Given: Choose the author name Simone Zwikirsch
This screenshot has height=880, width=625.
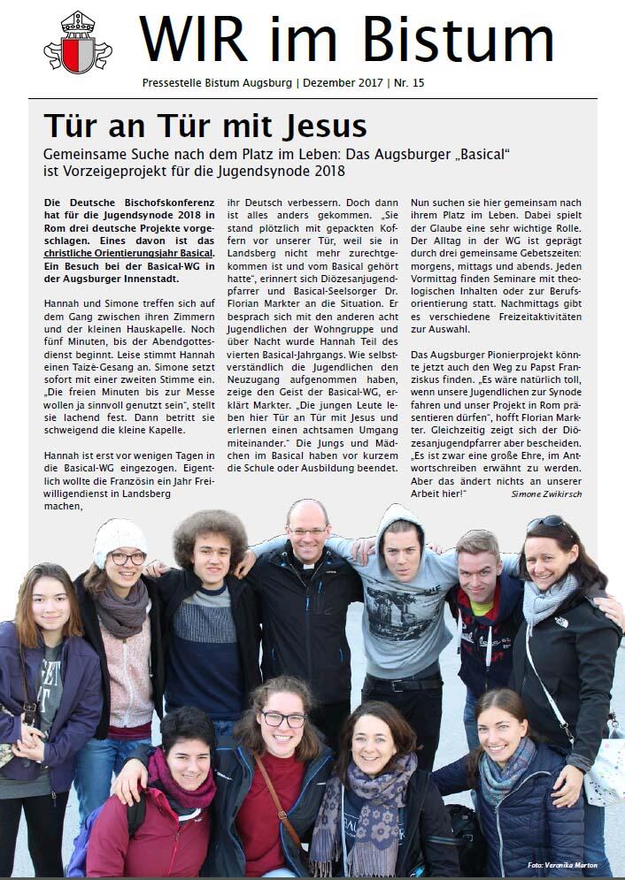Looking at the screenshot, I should pyautogui.click(x=546, y=494).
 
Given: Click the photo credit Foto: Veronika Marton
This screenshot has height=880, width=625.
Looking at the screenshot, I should pyautogui.click(x=563, y=864).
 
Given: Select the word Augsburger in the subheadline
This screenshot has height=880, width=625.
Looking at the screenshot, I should pyautogui.click(x=447, y=152).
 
